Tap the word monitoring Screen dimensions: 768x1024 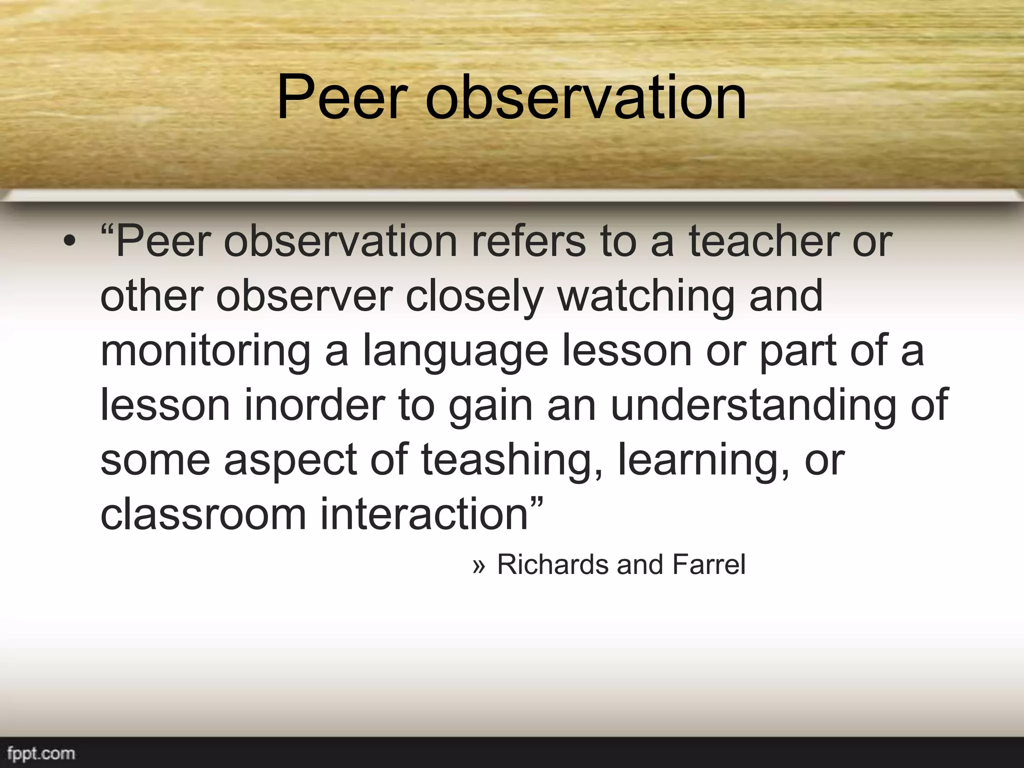(205, 351)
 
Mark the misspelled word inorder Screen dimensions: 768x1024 (314, 405)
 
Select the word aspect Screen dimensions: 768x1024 (290, 460)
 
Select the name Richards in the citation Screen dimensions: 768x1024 (552, 565)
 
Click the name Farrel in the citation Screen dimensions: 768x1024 (708, 565)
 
